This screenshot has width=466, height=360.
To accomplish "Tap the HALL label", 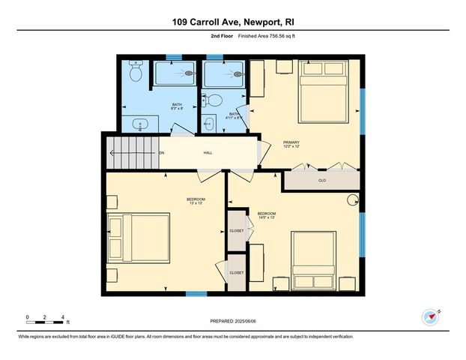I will pyautogui.click(x=208, y=153).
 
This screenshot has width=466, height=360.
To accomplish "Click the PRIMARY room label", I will pyautogui.click(x=291, y=141).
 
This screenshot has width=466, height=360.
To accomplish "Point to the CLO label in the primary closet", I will pyautogui.click(x=322, y=180).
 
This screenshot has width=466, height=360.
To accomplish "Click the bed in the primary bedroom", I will pyautogui.click(x=323, y=90).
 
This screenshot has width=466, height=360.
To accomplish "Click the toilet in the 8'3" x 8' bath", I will pyautogui.click(x=136, y=72).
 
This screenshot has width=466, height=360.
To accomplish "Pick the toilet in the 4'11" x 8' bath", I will pyautogui.click(x=213, y=99).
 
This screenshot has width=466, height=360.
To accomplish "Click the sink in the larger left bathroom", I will pyautogui.click(x=140, y=125).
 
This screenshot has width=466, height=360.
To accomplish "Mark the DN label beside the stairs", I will pyautogui.click(x=161, y=153).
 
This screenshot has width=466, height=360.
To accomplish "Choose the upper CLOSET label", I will pyautogui.click(x=237, y=232).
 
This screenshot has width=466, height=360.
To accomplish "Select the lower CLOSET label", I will pyautogui.click(x=237, y=273).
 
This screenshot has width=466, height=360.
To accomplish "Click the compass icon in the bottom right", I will pyautogui.click(x=430, y=317).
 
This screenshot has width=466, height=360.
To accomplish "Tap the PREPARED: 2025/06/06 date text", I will pyautogui.click(x=232, y=321).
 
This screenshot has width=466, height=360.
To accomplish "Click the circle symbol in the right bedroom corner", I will pyautogui.click(x=354, y=200).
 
